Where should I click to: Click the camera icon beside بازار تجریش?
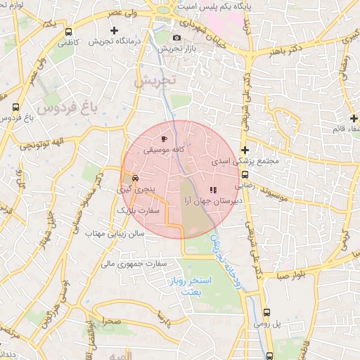pyautogui.click(x=176, y=37)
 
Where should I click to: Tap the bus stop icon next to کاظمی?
pyautogui.click(x=68, y=32)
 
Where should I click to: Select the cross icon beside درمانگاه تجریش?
pyautogui.click(x=115, y=30)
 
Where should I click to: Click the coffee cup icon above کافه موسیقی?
pyautogui.click(x=164, y=139)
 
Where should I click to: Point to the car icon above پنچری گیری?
pyautogui.click(x=135, y=179)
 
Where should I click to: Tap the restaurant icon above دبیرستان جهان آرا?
pyautogui.click(x=213, y=189)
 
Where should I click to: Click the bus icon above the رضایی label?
pyautogui.click(x=245, y=175)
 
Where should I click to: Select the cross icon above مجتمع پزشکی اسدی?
pyautogui.click(x=245, y=150)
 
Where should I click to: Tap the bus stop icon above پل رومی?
pyautogui.click(x=266, y=313)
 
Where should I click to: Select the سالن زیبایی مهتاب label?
pyautogui.click(x=115, y=232)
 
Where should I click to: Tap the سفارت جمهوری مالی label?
pyautogui.click(x=136, y=264)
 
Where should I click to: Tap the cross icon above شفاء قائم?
pyautogui.click(x=354, y=117)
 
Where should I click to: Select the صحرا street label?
pyautogui.click(x=111, y=321)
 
